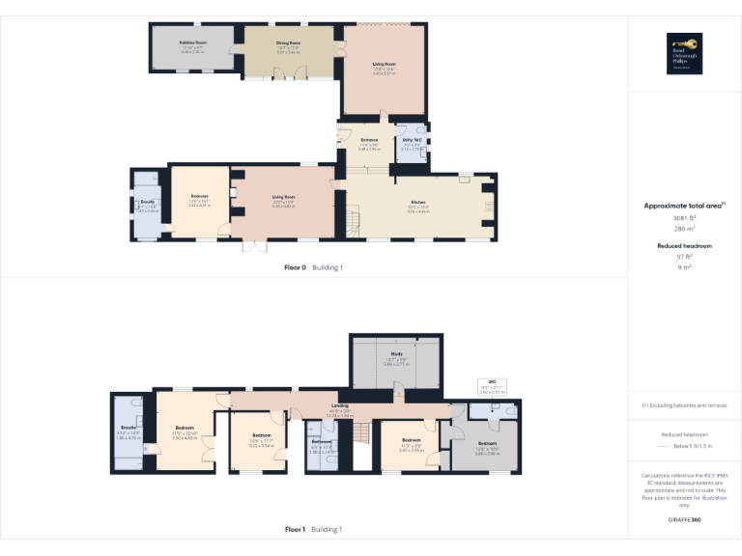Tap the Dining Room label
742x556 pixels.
coord(289,43)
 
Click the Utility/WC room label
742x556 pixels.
coord(413,141)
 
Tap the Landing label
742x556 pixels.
coord(340,406)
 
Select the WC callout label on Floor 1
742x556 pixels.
coord(491,383)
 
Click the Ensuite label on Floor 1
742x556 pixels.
coord(128,427)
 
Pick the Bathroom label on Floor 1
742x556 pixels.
coord(322,441)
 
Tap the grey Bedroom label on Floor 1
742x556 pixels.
coord(486,443)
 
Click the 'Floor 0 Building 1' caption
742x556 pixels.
coord(313,267)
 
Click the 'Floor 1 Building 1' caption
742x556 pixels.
coord(313,530)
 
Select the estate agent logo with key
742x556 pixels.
coord(684,53)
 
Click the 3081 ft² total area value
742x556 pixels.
coord(684,218)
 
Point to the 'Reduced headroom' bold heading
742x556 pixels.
coord(684,246)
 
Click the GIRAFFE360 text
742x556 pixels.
coord(684,519)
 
